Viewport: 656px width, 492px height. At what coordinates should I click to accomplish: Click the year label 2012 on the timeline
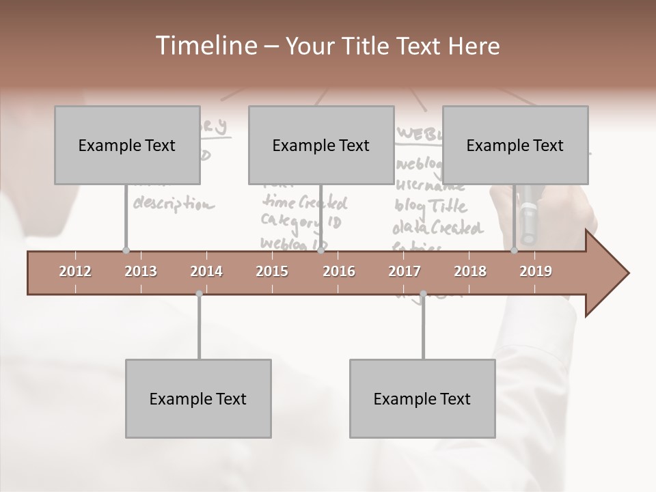pyautogui.click(x=75, y=271)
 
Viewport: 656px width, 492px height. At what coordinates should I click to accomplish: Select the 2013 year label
pyautogui.click(x=141, y=271)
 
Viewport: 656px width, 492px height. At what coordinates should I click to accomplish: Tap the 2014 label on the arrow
pyautogui.click(x=206, y=271)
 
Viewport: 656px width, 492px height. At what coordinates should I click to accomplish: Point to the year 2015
pyautogui.click(x=272, y=271)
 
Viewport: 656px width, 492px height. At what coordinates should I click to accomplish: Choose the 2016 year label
pyautogui.click(x=339, y=271)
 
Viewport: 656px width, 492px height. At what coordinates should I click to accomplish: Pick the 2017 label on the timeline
pyautogui.click(x=405, y=271)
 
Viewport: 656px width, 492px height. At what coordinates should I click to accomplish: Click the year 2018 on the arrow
pyautogui.click(x=470, y=271)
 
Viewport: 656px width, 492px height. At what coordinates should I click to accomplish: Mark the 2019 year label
pyautogui.click(x=536, y=271)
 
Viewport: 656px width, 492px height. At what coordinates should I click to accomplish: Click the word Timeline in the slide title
pyautogui.click(x=204, y=46)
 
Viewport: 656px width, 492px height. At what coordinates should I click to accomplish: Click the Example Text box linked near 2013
pyautogui.click(x=127, y=145)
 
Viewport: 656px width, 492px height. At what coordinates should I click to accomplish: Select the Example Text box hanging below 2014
pyautogui.click(x=198, y=398)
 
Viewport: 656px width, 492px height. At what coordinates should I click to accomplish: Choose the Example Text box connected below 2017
pyautogui.click(x=422, y=398)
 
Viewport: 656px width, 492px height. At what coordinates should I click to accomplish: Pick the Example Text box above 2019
pyautogui.click(x=515, y=145)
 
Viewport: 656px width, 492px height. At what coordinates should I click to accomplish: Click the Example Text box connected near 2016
pyautogui.click(x=321, y=145)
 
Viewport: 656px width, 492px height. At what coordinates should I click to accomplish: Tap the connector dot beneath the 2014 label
pyautogui.click(x=199, y=294)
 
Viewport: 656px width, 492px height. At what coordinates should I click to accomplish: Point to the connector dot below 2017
pyautogui.click(x=423, y=294)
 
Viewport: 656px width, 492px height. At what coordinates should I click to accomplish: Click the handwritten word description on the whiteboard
pyautogui.click(x=173, y=204)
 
